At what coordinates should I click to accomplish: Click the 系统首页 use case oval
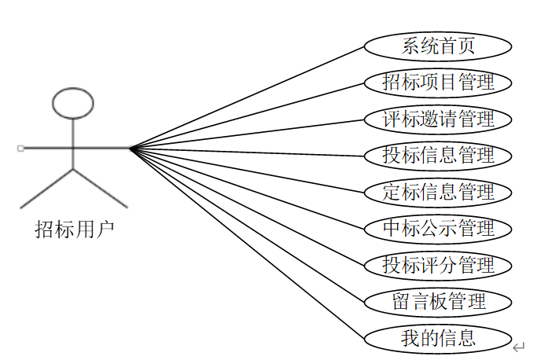coord(438,46)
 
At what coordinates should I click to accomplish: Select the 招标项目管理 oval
coord(438,82)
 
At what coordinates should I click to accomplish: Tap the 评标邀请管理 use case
coord(438,119)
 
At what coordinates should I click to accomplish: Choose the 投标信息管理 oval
coord(438,155)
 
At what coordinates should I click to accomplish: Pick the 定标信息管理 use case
coord(438,191)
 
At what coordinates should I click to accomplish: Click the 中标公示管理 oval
coord(438,228)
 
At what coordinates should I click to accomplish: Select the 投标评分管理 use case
coord(438,264)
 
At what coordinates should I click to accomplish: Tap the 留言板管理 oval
coord(438,301)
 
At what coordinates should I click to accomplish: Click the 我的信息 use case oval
coord(438,338)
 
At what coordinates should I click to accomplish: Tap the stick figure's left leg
coord(47,189)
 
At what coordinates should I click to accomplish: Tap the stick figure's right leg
coord(100,189)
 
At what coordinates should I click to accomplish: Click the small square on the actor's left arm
coord(20,148)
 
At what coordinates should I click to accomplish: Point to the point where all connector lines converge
coord(131,148)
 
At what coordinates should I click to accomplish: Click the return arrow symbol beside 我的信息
coord(518,345)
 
